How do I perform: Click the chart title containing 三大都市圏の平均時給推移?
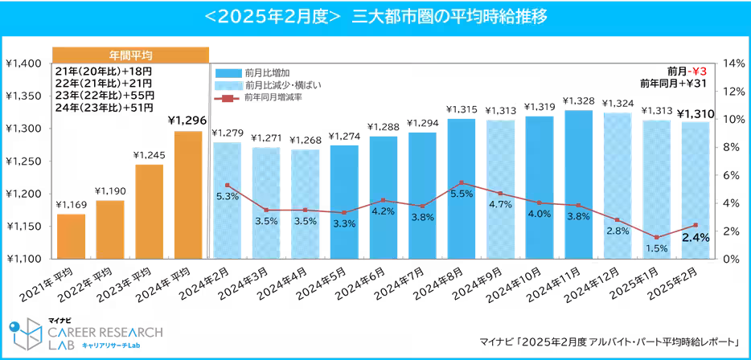click(375, 16)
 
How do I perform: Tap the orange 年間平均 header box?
click(131, 55)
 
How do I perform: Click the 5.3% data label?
click(228, 197)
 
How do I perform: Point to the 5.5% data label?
click(462, 194)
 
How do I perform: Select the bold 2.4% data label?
click(696, 238)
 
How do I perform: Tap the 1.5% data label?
click(656, 248)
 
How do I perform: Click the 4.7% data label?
click(500, 204)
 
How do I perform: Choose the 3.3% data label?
click(344, 223)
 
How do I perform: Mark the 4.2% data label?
click(383, 211)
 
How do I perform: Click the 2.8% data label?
click(618, 231)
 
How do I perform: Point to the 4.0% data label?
click(540, 214)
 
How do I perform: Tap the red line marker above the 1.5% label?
click(656, 237)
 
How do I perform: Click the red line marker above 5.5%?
click(462, 183)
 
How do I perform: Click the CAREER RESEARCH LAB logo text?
click(105, 333)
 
